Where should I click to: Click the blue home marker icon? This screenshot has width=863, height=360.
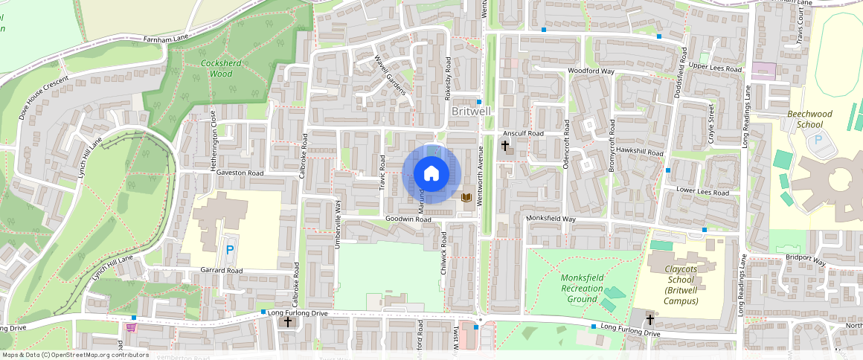coord(431,173)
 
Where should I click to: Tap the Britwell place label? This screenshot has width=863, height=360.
coord(471,111)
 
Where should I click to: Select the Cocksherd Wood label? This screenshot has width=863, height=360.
coord(221,68)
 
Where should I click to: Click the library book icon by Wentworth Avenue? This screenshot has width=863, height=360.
coord(466,197)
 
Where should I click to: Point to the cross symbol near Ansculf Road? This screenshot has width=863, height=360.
coord(506,146)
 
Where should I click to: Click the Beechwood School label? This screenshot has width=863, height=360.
coord(809,119)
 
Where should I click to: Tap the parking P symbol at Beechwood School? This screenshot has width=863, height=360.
coord(818,140)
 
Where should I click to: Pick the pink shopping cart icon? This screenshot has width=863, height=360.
coord(132,327)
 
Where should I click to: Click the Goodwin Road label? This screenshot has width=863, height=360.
coord(408,219)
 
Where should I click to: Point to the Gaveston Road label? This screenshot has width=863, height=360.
coord(240,173)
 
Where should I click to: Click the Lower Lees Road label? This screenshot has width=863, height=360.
coord(702,192)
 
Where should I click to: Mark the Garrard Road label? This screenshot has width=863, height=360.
coord(221,270)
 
